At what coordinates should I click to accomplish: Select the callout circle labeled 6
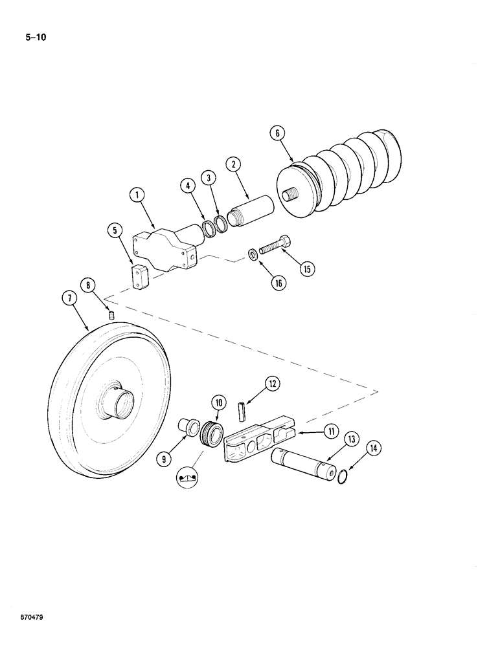(277, 133)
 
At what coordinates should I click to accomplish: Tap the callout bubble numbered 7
(69, 299)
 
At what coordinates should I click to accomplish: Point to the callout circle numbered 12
(273, 384)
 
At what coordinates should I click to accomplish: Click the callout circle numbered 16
(279, 283)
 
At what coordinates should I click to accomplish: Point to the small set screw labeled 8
(111, 316)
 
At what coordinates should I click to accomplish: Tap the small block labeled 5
(141, 276)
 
